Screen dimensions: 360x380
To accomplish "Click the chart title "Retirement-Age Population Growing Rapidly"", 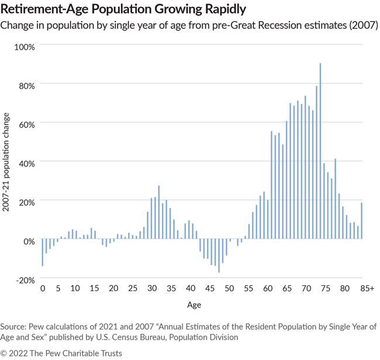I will click(x=123, y=9).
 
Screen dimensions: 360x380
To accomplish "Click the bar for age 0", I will click(x=42, y=252).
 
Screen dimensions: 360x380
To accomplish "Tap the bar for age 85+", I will click(x=362, y=221).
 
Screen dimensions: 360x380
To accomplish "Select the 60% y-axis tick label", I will click(x=25, y=124).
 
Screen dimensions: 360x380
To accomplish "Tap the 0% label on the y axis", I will click(x=27, y=240).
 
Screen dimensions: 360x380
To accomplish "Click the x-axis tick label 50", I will click(x=230, y=288).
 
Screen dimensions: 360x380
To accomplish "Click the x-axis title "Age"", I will click(x=194, y=304).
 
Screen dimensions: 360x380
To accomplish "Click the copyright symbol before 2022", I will click(x=4, y=352).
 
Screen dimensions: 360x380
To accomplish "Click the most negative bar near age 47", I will click(x=219, y=256).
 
